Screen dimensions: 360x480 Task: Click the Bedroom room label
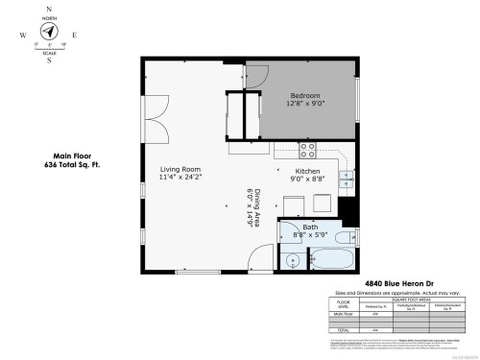tap(304, 98)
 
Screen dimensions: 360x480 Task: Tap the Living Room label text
tap(180, 173)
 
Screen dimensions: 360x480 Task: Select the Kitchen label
tap(307, 174)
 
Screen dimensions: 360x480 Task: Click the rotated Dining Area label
tap(253, 207)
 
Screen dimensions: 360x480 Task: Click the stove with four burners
tap(308, 150)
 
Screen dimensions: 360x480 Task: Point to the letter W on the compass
tap(20, 34)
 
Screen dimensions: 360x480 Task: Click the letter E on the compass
tap(75, 34)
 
